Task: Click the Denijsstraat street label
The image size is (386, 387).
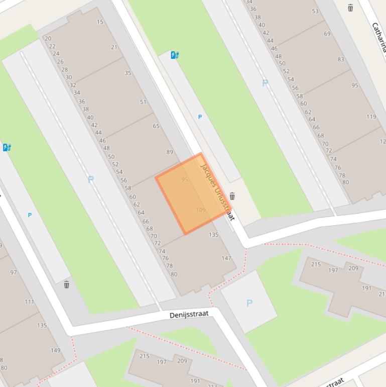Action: (188, 315)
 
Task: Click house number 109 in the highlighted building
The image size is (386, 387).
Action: (201, 210)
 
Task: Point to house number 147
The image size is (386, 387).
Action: (226, 258)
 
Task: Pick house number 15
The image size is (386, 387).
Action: (100, 22)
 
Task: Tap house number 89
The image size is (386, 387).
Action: (170, 152)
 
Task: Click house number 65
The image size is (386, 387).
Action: (156, 126)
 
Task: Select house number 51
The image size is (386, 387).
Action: (143, 102)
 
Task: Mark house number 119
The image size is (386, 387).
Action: (371, 117)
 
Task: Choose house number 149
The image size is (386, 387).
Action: (55, 350)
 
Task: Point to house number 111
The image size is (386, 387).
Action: (29, 302)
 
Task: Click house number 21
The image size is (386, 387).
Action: (114, 47)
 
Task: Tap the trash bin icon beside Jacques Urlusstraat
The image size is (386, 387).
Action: (232, 196)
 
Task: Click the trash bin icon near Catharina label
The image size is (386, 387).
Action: (350, 8)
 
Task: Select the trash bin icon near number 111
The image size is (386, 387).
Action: (66, 284)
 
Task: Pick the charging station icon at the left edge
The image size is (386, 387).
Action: (7, 147)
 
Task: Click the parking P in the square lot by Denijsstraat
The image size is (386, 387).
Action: (249, 303)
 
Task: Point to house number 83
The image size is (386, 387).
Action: (341, 59)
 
